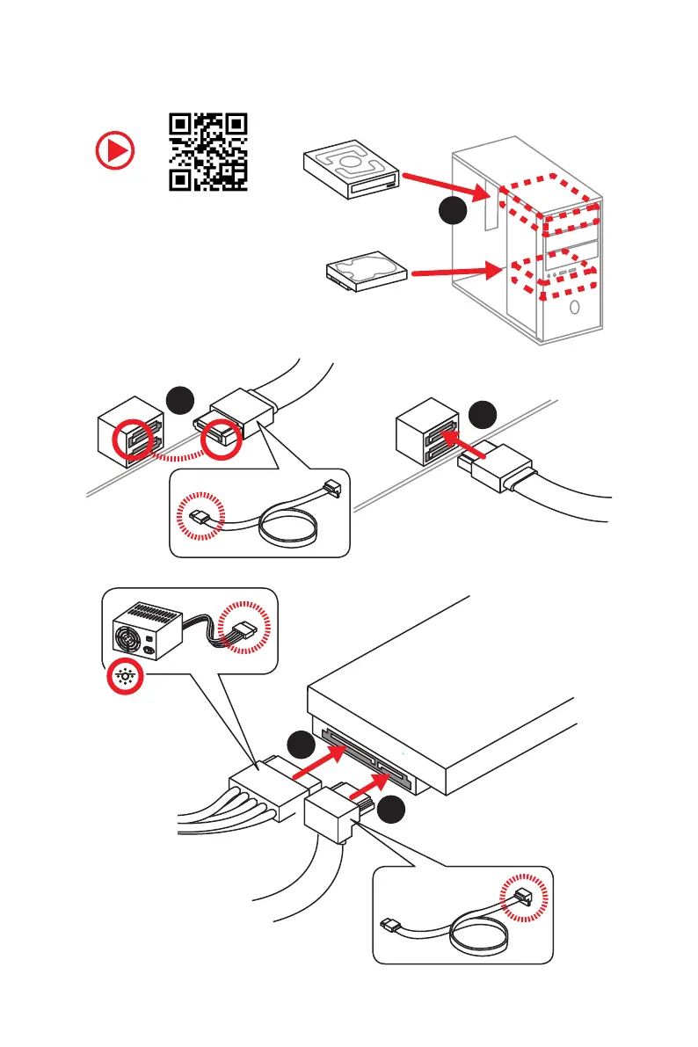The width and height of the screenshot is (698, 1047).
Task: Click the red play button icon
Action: pos(115,151)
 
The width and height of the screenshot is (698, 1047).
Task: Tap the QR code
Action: pos(207,151)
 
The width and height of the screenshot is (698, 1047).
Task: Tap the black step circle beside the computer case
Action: pos(452,212)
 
